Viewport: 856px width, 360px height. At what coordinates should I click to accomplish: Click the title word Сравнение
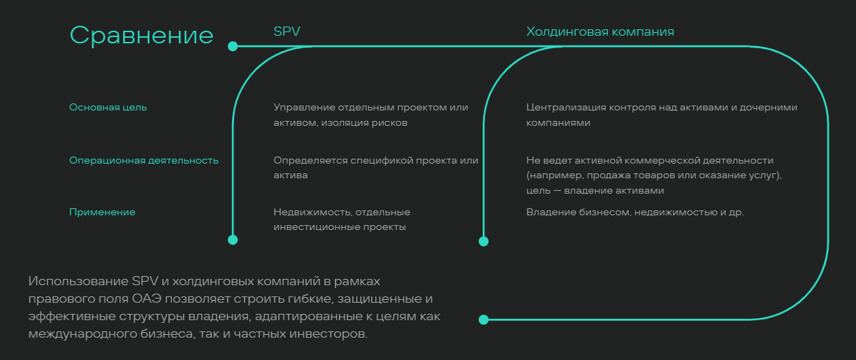(141, 36)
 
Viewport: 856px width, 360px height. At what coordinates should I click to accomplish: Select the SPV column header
(287, 31)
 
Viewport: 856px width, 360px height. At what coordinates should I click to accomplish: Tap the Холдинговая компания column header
(600, 31)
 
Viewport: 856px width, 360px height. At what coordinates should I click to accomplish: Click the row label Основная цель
(108, 108)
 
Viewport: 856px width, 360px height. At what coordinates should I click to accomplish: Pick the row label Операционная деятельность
(144, 161)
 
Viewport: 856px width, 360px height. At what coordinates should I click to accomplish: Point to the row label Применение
(102, 212)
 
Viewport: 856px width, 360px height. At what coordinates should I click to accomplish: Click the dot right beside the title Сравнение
(233, 46)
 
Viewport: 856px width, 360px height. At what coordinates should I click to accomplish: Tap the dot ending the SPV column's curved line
(233, 240)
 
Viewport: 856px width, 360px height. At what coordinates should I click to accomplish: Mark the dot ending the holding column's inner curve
(484, 242)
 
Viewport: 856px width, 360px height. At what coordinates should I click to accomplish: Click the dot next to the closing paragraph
(484, 319)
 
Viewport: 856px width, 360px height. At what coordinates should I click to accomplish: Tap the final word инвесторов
(328, 333)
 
